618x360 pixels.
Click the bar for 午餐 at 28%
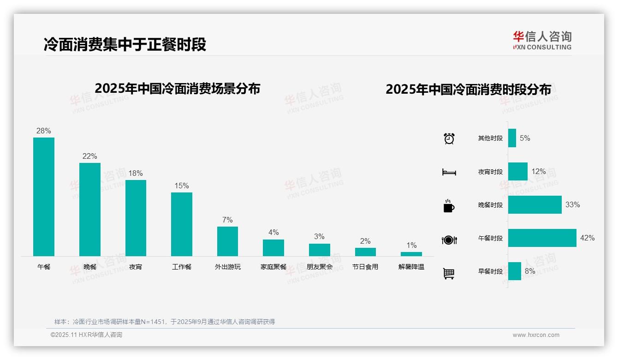pyautogui.click(x=44, y=197)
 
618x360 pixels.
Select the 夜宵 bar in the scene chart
pyautogui.click(x=136, y=218)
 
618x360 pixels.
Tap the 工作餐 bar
pyautogui.click(x=182, y=224)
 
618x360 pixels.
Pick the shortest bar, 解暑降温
pyautogui.click(x=411, y=254)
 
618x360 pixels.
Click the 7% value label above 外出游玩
pyautogui.click(x=227, y=220)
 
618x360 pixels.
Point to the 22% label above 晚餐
pyautogui.click(x=89, y=156)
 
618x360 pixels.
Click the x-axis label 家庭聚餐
pyautogui.click(x=273, y=267)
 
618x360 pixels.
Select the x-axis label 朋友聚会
pyautogui.click(x=320, y=267)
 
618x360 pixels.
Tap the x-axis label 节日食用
pyautogui.click(x=365, y=267)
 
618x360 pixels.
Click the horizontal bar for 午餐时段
pyautogui.click(x=542, y=238)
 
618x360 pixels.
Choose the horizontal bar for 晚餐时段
pyautogui.click(x=535, y=205)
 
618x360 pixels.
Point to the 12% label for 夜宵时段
pyautogui.click(x=538, y=172)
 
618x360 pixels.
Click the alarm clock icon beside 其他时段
pyautogui.click(x=449, y=138)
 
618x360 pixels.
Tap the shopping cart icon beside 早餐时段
pyautogui.click(x=449, y=273)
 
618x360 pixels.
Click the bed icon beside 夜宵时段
pyautogui.click(x=449, y=172)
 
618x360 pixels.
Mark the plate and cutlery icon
pyautogui.click(x=449, y=240)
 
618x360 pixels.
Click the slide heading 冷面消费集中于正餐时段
pyautogui.click(x=125, y=44)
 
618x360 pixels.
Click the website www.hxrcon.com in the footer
pyautogui.click(x=536, y=335)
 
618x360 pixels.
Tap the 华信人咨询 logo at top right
pyautogui.click(x=542, y=40)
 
